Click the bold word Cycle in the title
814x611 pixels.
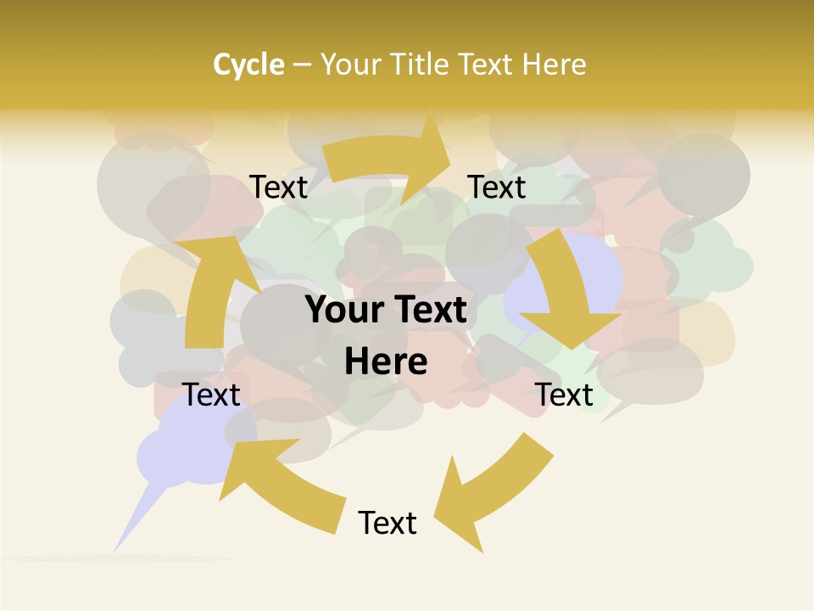[248, 64]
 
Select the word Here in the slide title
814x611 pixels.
[554, 64]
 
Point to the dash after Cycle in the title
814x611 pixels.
[302, 65]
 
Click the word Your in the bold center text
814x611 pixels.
[338, 310]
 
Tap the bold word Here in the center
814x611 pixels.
[386, 362]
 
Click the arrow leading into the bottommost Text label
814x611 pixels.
[492, 492]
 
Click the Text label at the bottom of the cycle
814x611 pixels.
[387, 523]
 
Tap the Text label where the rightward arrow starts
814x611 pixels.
[278, 187]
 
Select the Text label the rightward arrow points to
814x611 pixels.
[497, 187]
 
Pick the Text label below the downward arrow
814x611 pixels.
[565, 395]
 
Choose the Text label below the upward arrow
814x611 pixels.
[211, 395]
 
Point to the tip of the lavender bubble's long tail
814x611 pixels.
[114, 550]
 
